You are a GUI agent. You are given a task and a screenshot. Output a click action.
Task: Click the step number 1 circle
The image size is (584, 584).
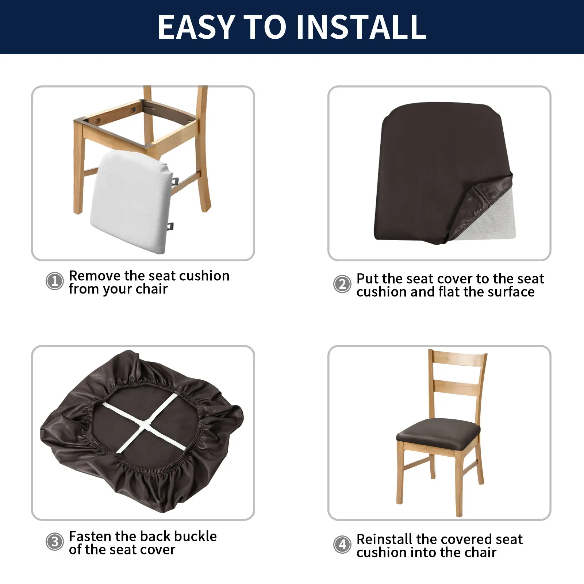[x=55, y=281]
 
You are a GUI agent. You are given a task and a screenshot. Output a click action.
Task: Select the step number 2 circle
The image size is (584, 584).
[x=342, y=284]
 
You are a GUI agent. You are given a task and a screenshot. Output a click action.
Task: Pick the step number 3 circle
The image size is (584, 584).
[x=55, y=542]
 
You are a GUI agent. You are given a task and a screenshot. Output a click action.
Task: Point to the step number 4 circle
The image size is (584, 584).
[x=342, y=545]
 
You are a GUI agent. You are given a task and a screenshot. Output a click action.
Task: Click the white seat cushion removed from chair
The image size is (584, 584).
[x=131, y=203]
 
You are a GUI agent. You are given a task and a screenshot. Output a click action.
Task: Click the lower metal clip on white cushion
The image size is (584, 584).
[x=171, y=227]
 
